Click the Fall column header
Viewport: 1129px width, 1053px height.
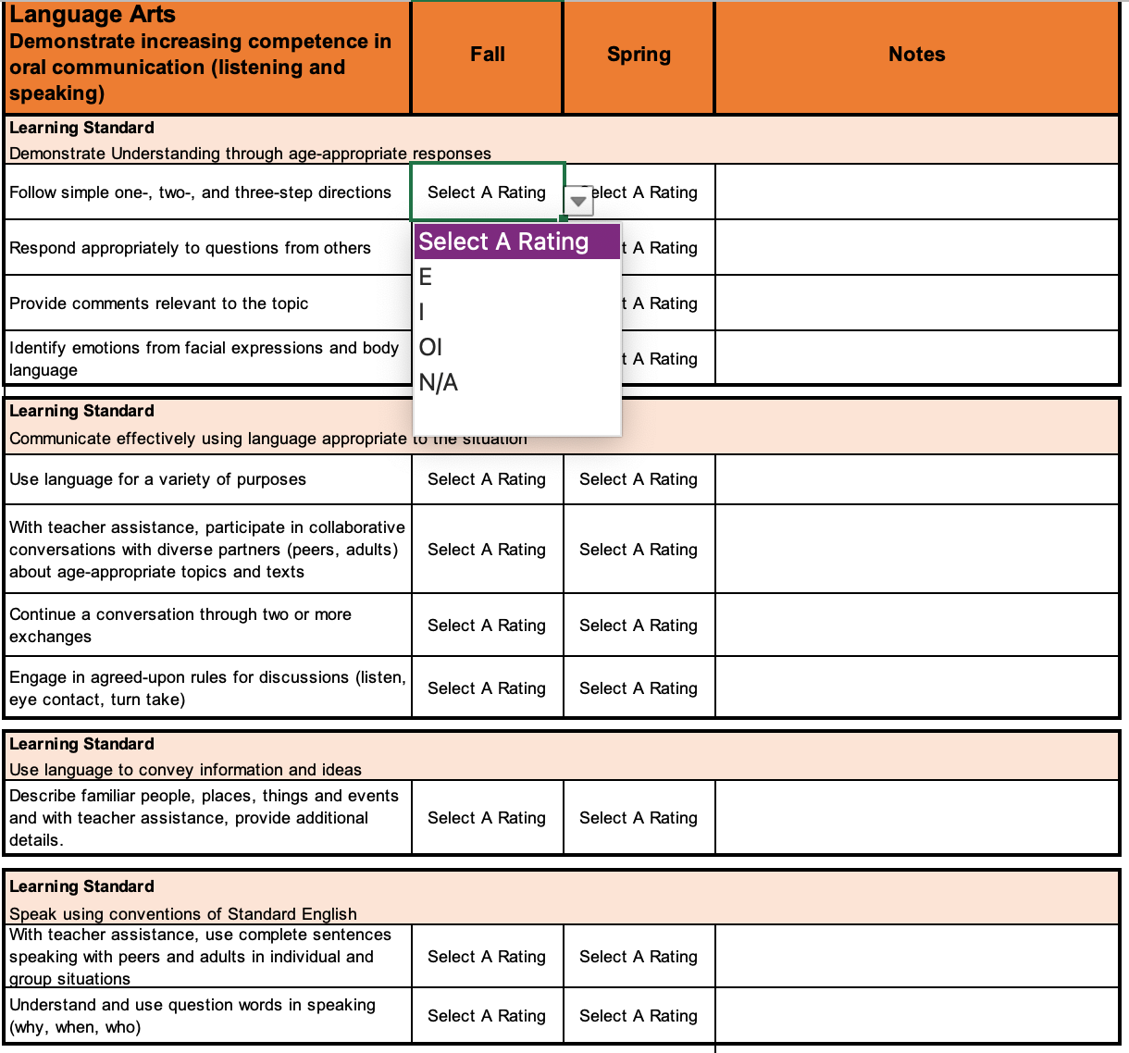[487, 55]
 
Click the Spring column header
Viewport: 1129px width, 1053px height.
[639, 55]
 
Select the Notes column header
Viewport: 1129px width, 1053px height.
[916, 55]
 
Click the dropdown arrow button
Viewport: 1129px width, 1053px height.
[578, 200]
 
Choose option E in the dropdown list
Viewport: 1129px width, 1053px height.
[426, 277]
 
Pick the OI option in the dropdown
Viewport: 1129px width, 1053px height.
[430, 347]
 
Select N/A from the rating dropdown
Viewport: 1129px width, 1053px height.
[439, 382]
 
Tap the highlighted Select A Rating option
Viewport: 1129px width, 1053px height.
[504, 242]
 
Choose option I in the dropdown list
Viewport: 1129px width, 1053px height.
[422, 312]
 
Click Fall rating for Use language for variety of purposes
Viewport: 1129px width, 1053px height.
[487, 479]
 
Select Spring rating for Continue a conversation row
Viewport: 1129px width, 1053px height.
[639, 626]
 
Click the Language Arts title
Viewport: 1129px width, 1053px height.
[93, 15]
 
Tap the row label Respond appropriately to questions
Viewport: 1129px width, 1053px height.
[190, 248]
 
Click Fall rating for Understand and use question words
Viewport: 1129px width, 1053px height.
[487, 1016]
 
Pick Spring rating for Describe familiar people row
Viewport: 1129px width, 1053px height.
[639, 818]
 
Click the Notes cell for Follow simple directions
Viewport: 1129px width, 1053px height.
[916, 192]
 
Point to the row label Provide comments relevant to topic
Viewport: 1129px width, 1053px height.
[159, 304]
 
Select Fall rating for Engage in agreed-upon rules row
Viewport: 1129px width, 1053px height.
[487, 688]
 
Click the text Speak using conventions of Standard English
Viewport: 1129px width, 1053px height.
[183, 914]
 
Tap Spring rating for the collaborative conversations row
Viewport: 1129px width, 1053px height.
[639, 550]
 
